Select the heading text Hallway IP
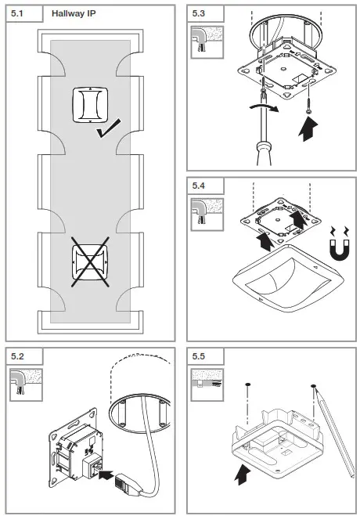click(x=75, y=13)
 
